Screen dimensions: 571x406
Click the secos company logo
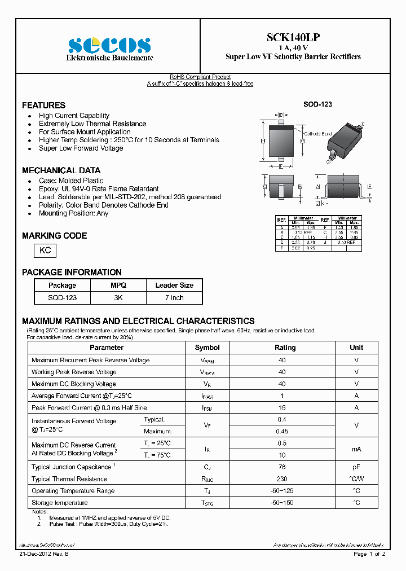(109, 45)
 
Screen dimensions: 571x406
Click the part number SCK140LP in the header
(293, 37)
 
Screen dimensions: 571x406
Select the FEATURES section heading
(43, 106)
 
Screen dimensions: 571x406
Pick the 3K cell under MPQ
(118, 297)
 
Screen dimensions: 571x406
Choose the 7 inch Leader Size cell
(174, 297)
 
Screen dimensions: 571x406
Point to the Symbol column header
(207, 348)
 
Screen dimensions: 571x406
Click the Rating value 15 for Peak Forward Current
(282, 407)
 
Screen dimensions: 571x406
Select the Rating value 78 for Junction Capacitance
(282, 467)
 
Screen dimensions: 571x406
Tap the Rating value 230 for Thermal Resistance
(282, 479)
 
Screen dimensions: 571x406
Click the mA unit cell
(356, 449)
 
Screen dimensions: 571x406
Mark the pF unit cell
(356, 467)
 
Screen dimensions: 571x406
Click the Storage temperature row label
(60, 503)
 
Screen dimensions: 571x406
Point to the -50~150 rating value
(282, 503)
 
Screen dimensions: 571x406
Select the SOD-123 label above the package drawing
(318, 105)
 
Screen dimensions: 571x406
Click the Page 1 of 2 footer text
(369, 554)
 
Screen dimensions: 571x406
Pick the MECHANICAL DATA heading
(61, 170)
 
